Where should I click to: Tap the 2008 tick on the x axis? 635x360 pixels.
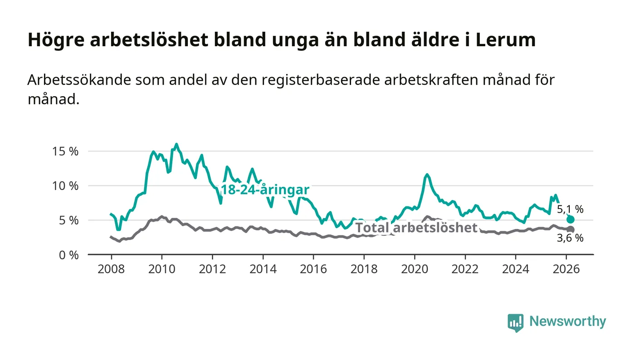tap(111, 269)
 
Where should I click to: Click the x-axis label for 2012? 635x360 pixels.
tap(212, 269)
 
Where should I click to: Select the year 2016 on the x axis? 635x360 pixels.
tap(313, 269)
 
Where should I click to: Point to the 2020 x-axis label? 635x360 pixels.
tap(415, 269)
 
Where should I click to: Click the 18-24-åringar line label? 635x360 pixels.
tap(265, 190)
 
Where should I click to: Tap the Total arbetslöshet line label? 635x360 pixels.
tap(416, 228)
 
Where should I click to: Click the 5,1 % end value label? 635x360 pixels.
tap(570, 209)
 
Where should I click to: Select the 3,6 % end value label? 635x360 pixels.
tap(570, 238)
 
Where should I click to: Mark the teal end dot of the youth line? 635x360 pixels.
tap(571, 219)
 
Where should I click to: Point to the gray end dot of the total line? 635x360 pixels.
tap(571, 229)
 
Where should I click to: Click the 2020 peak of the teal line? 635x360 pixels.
tap(427, 175)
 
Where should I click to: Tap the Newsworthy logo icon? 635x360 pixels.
tap(515, 322)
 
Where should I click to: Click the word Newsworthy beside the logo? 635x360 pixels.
tap(567, 321)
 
